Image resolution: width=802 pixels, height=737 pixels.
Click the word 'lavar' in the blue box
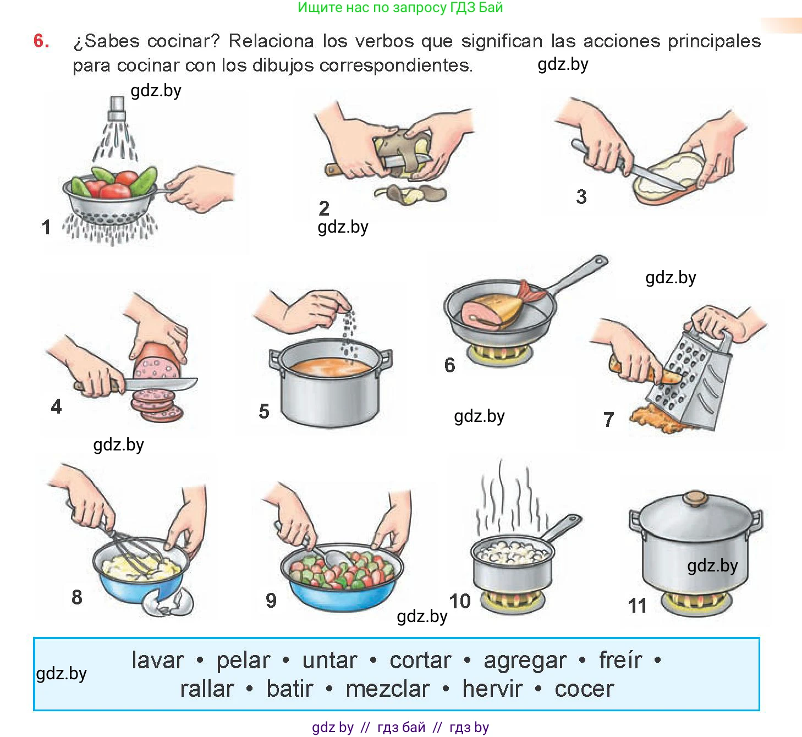click(x=157, y=660)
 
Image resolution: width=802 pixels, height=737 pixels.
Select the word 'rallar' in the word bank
click(x=207, y=689)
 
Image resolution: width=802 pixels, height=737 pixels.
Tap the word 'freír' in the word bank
click(x=620, y=660)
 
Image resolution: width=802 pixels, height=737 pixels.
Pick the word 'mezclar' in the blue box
click(x=387, y=689)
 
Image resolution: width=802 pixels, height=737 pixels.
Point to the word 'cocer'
click(x=584, y=689)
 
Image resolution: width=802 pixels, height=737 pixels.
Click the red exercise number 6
click(x=41, y=41)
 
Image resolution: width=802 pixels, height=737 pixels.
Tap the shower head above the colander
click(x=117, y=108)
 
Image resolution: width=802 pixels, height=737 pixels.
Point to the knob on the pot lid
click(x=695, y=499)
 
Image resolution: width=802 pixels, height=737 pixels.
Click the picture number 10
click(x=460, y=601)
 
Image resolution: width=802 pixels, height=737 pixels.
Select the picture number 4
click(x=56, y=406)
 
